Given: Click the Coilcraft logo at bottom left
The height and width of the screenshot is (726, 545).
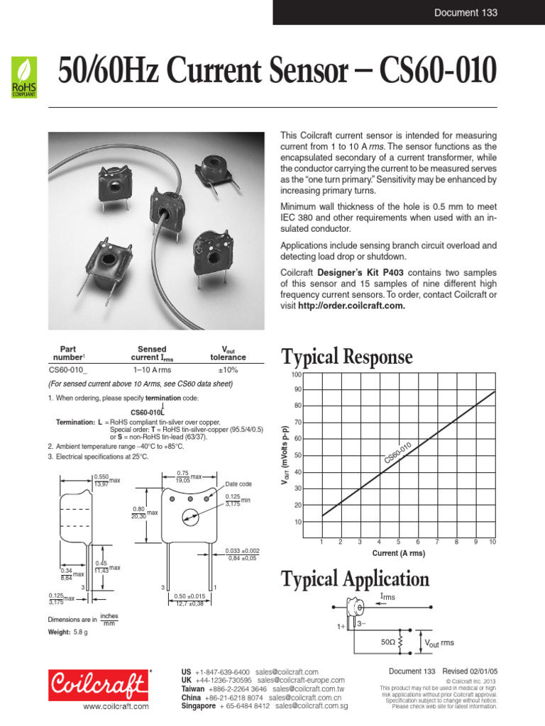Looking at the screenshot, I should click(x=99, y=685).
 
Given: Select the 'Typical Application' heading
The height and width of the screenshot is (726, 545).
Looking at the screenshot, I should click(x=355, y=579).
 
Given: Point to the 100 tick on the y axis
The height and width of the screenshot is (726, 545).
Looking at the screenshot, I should click(x=297, y=374).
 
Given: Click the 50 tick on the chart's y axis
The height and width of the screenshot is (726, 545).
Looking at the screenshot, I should click(x=298, y=456).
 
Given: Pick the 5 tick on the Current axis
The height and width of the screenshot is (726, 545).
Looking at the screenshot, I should click(x=398, y=542).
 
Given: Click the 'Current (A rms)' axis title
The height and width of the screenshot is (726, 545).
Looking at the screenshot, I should click(x=399, y=553).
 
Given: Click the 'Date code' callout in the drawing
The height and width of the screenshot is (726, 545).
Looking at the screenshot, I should click(x=238, y=484).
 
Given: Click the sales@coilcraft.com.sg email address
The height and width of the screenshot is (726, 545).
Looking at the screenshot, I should click(x=312, y=706).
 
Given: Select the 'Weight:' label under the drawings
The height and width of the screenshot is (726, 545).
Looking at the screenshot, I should click(x=58, y=632).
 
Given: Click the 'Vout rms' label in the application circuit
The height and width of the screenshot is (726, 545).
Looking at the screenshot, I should click(x=440, y=643).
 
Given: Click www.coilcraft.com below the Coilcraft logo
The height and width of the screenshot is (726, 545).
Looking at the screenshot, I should click(x=116, y=707).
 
